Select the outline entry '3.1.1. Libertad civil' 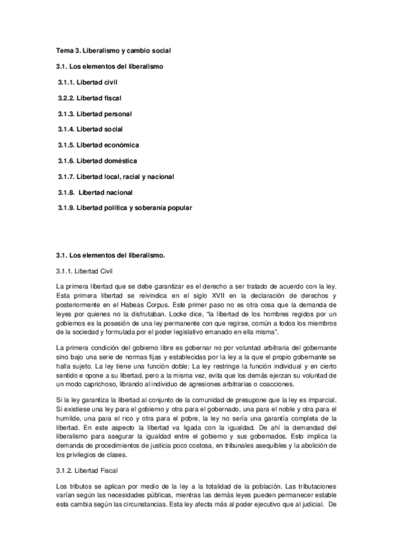tap(89, 82)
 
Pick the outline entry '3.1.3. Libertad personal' tap(95, 113)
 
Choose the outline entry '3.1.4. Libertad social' tap(91, 129)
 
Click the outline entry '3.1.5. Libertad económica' tap(98, 145)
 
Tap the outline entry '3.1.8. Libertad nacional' tap(96, 192)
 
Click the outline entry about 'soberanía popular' tap(125, 208)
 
